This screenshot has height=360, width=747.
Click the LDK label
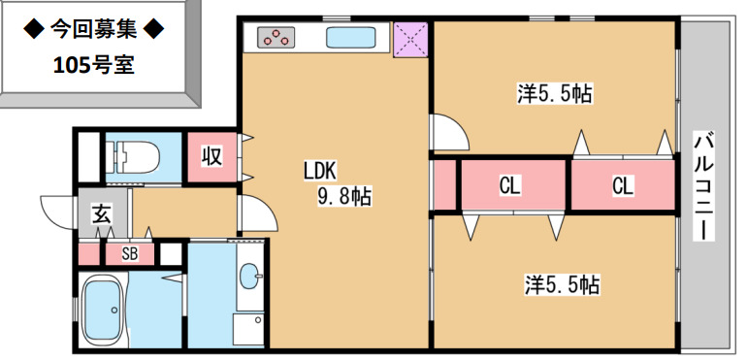(319, 172)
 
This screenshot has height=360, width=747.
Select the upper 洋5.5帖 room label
(555, 94)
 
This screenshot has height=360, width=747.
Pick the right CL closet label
(622, 184)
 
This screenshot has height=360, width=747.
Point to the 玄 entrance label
(102, 214)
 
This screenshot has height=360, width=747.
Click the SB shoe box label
(129, 254)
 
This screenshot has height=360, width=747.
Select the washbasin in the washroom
(249, 276)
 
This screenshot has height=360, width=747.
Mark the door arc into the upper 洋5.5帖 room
(448, 131)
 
